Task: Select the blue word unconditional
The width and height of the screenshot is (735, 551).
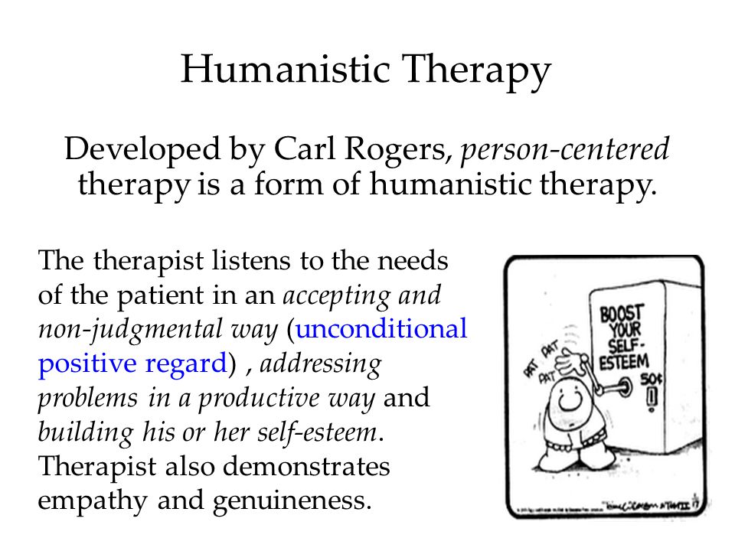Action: (381, 329)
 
